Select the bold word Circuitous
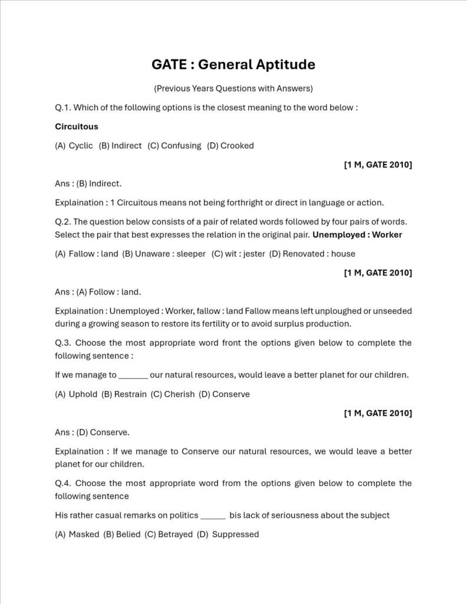[x=77, y=126]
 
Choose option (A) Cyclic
[x=74, y=145]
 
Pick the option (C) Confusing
[x=174, y=145]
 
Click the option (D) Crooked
[x=231, y=145]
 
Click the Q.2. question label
[x=63, y=222]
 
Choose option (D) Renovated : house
[x=312, y=254]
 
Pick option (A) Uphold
[x=76, y=394]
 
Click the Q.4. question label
[x=63, y=483]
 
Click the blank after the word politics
[x=213, y=516]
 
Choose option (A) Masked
[x=77, y=534]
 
